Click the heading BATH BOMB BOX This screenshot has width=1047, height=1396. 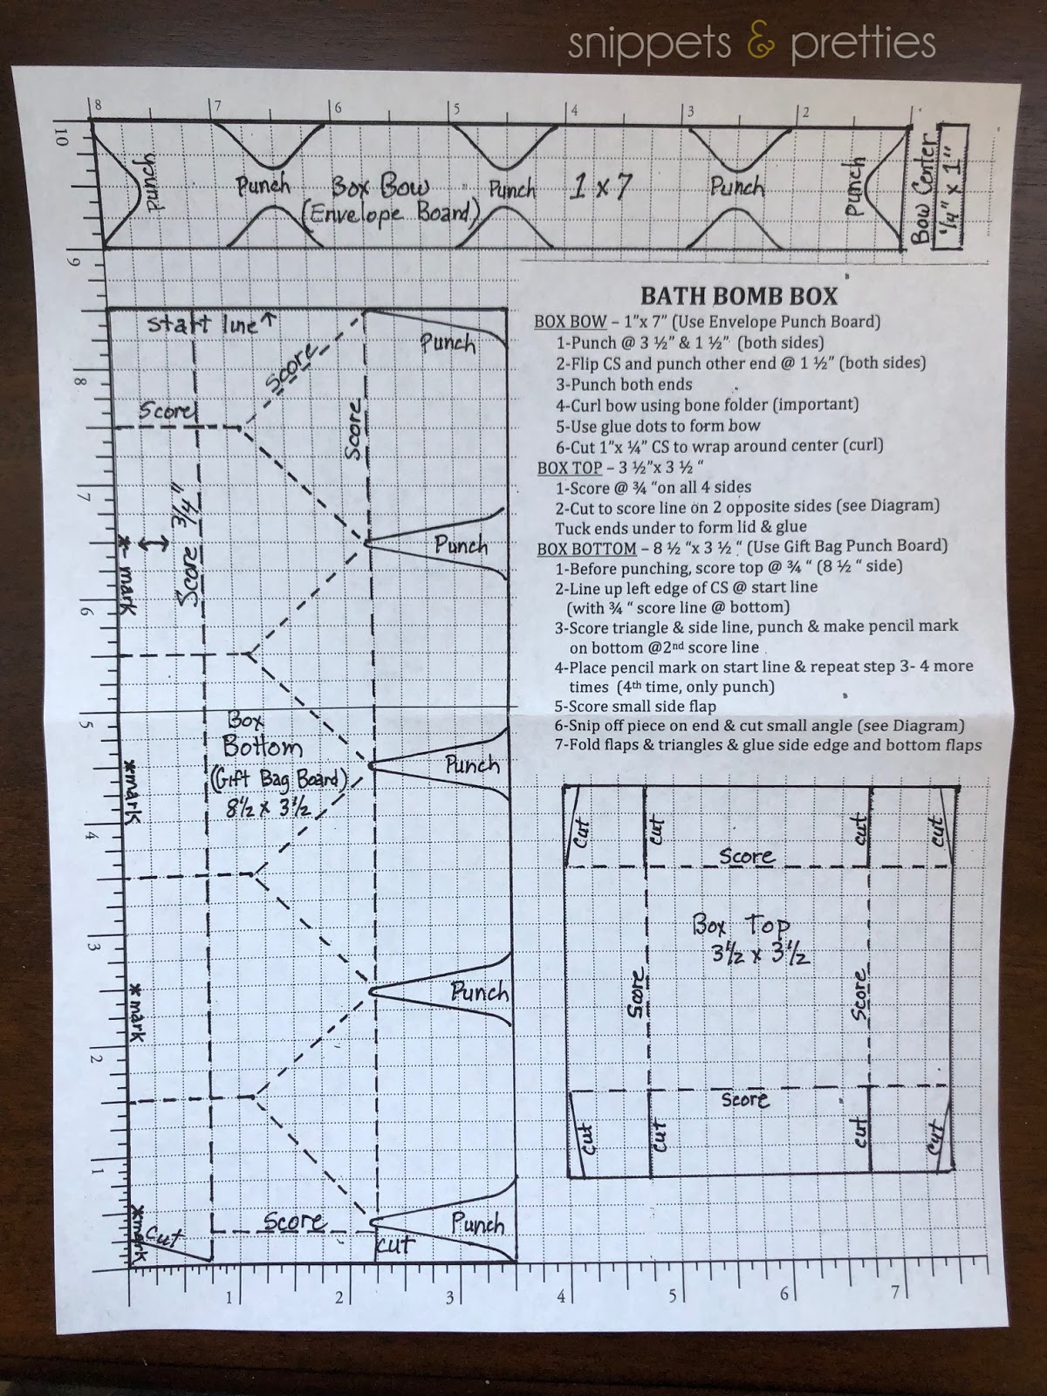pyautogui.click(x=739, y=297)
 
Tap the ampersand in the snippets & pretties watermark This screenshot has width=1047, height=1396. pyautogui.click(x=760, y=44)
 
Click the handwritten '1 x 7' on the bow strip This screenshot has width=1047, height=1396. pyautogui.click(x=601, y=187)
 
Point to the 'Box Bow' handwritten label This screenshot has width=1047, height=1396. pyautogui.click(x=380, y=188)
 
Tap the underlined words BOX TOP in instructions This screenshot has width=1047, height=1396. pyautogui.click(x=569, y=468)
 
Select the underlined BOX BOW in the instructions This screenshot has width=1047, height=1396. pyautogui.click(x=571, y=322)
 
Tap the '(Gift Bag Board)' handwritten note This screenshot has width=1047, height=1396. pyautogui.click(x=278, y=779)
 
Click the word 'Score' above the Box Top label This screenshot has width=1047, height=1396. pyautogui.click(x=747, y=855)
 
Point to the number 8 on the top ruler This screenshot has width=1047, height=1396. pyautogui.click(x=97, y=106)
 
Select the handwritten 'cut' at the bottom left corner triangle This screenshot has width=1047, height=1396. pyautogui.click(x=163, y=1235)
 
